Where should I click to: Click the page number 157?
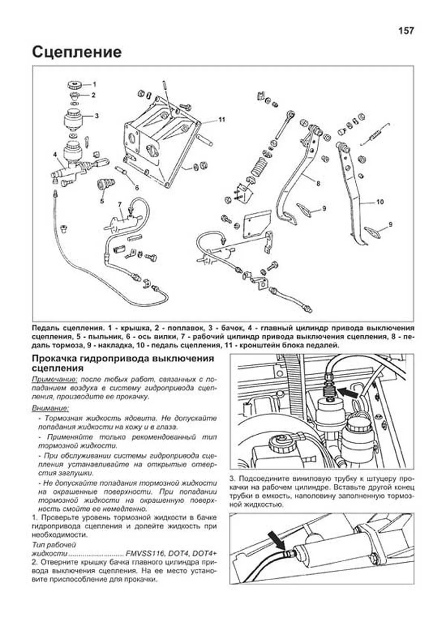[406, 31]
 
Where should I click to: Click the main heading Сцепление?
[77, 52]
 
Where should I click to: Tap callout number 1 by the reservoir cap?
[94, 84]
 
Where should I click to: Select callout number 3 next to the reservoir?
[96, 116]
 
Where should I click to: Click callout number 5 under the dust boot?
[102, 201]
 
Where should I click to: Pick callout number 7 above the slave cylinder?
[120, 204]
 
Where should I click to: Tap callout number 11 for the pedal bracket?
[222, 120]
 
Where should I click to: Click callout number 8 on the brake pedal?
[318, 183]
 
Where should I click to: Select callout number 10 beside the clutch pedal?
[379, 202]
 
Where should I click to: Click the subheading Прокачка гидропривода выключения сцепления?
[123, 363]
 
